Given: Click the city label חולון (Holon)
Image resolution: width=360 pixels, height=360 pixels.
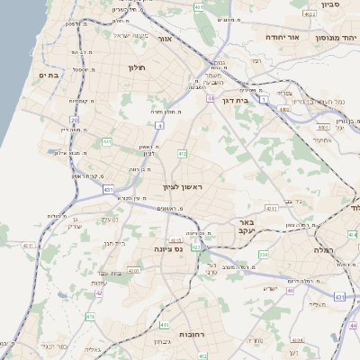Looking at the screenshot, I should pyautogui.click(x=137, y=68).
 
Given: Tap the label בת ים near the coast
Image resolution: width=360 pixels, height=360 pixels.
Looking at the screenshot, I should pyautogui.click(x=49, y=76).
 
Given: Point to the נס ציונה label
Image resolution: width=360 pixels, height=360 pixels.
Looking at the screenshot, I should pyautogui.click(x=168, y=249).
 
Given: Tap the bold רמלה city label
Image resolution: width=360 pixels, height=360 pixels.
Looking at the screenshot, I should pyautogui.click(x=324, y=249).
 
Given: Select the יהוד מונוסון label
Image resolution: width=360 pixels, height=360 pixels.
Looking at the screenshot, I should pyautogui.click(x=337, y=39).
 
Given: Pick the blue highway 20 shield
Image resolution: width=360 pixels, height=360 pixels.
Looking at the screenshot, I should pyautogui.click(x=75, y=119).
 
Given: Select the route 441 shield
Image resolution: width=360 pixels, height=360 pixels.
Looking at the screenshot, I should pyautogui.click(x=107, y=141).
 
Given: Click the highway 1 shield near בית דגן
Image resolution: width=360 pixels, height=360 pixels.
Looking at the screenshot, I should pyautogui.click(x=264, y=99).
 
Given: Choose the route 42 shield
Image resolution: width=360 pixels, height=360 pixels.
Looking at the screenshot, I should pyautogui.click(x=99, y=293).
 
